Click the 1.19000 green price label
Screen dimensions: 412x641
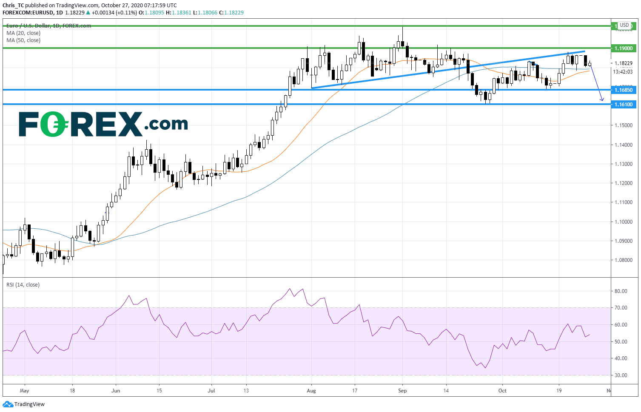[623, 48]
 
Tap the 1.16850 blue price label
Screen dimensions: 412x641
[623, 90]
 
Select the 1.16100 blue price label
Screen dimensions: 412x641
[623, 104]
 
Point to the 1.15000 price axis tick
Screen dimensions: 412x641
[623, 125]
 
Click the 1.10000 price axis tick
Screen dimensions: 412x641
[623, 222]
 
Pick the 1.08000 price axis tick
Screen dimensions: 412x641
[623, 260]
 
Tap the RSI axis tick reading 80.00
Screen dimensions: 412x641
[621, 291]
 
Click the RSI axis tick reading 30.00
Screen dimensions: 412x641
[621, 375]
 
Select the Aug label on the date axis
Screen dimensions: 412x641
[311, 391]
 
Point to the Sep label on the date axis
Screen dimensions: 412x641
[402, 391]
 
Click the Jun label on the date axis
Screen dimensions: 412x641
[116, 391]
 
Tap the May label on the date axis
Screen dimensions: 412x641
[24, 391]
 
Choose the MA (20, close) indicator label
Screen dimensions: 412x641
[23, 33]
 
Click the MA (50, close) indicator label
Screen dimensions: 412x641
[23, 40]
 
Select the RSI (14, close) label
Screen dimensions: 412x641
[23, 285]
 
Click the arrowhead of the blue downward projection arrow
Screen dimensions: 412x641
[602, 100]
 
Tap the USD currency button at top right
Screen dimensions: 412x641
[624, 25]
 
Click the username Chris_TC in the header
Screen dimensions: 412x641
[13, 6]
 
